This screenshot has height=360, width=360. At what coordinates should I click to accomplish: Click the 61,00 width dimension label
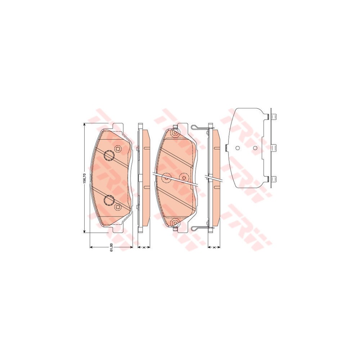112,247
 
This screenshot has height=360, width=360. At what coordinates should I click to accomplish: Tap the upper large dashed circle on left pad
108,156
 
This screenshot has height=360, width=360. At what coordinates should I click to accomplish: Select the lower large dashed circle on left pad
108,200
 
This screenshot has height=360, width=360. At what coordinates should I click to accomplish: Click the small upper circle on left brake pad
118,149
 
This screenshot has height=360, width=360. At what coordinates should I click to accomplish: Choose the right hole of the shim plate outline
255,148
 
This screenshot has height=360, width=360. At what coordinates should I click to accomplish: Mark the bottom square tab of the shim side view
274,179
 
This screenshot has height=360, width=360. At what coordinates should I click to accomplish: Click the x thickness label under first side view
144,248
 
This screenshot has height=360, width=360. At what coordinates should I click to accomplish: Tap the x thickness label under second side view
214,248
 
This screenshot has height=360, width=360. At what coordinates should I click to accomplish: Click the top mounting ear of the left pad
118,127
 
